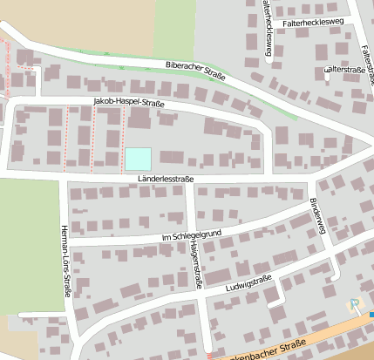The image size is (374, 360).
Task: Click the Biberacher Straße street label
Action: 195,71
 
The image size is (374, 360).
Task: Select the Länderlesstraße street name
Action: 165,179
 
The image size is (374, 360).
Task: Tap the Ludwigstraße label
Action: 248,283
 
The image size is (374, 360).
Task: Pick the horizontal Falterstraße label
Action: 343,69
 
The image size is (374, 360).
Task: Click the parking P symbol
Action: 354,305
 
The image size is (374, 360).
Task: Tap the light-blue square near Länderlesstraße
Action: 138,159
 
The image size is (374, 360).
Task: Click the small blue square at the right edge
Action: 371,315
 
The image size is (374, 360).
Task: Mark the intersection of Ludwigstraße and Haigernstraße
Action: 201,295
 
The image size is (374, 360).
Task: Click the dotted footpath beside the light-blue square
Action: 121,148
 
